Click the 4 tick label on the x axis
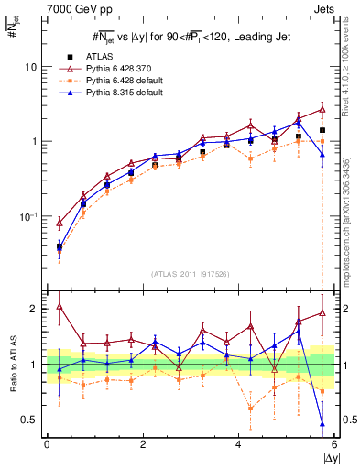[239, 446]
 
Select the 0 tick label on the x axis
[47, 446]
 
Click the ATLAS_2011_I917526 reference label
[190, 274]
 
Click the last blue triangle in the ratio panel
[322, 423]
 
